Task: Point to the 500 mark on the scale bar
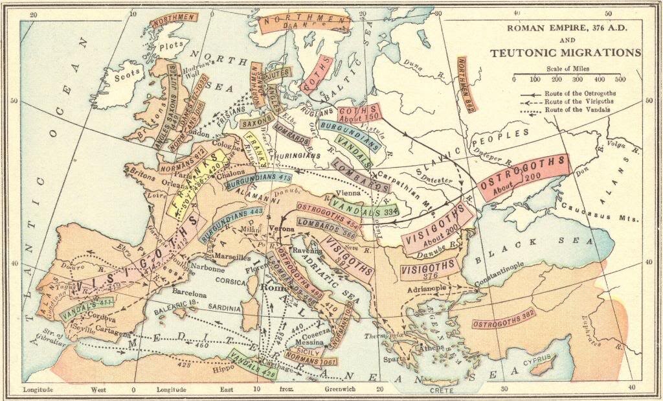tap(620, 79)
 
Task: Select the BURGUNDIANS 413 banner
tap(258, 181)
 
